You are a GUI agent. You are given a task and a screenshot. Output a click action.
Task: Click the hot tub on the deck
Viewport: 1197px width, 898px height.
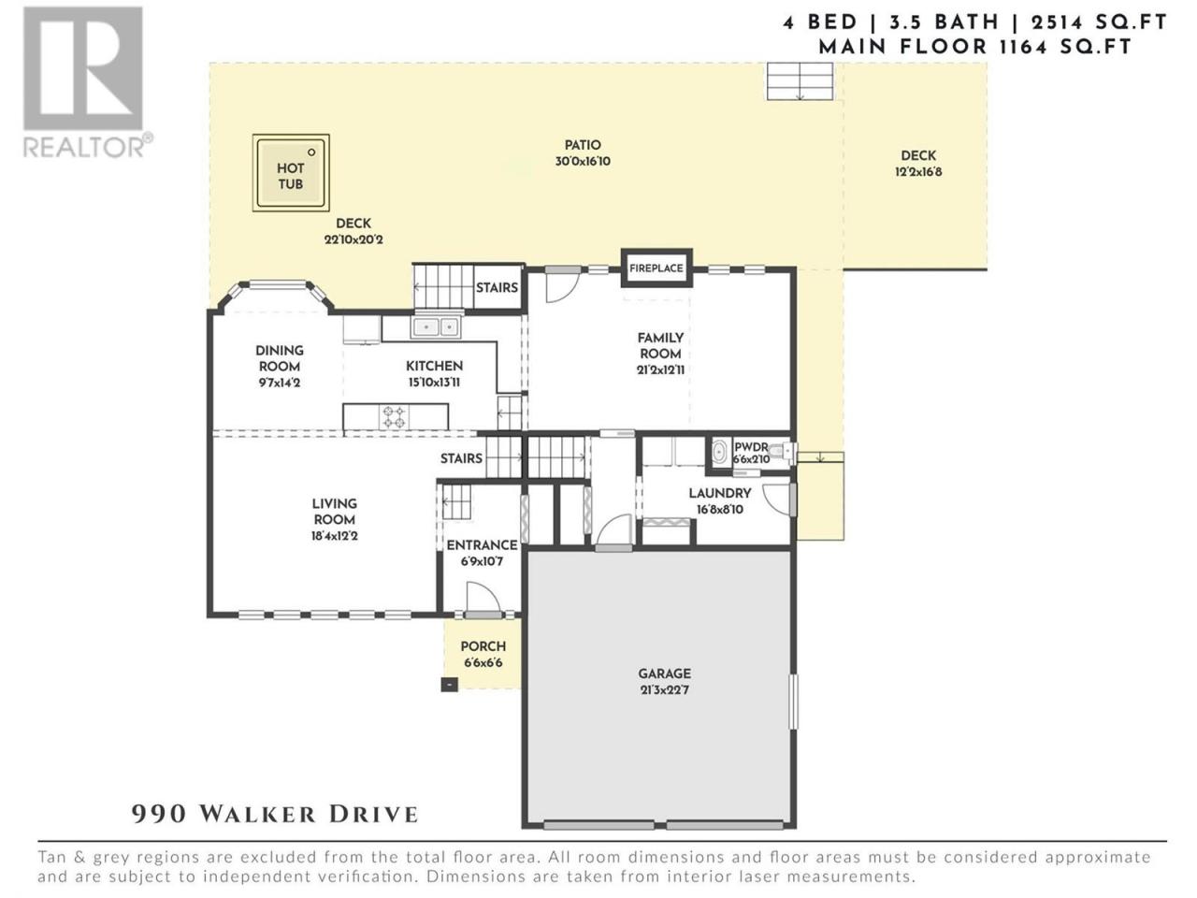click(x=291, y=172)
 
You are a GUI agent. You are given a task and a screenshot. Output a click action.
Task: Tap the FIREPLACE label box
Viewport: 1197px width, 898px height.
click(x=656, y=268)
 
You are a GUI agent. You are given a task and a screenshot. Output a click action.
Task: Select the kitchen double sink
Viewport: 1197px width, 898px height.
click(x=435, y=327)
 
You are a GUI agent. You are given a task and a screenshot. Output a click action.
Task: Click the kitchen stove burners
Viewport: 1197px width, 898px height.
click(x=395, y=416)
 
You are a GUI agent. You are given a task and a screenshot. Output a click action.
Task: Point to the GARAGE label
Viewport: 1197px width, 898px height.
click(x=664, y=673)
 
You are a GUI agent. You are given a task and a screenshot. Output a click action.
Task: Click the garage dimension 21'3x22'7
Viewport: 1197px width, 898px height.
click(x=664, y=689)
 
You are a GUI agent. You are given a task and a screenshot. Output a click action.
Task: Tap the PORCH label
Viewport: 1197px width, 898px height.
click(x=483, y=646)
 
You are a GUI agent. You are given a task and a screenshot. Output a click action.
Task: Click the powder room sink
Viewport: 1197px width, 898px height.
click(x=720, y=453)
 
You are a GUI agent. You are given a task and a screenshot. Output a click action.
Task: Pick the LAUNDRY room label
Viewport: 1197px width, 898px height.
click(x=720, y=493)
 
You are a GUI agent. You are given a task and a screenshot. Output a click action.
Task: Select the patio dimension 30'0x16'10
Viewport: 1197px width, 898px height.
click(x=583, y=162)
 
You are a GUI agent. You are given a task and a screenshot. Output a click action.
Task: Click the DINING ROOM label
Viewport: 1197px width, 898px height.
click(x=280, y=358)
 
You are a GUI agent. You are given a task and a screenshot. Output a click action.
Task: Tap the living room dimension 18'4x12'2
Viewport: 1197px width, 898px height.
click(x=334, y=536)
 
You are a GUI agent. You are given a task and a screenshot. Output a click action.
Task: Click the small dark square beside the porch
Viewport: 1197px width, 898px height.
click(x=450, y=685)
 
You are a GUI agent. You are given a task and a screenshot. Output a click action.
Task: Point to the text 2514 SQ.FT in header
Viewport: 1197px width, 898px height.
click(x=1100, y=22)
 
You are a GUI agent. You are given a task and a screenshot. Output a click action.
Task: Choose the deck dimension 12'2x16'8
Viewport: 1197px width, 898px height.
click(x=918, y=172)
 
